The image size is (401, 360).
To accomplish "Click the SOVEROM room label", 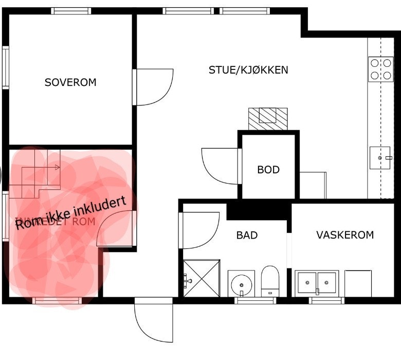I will tap(70, 82).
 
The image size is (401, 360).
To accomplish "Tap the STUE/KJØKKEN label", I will tap(248, 70).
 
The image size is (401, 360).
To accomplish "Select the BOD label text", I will tap(268, 169).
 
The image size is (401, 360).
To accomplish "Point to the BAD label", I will tap(247, 236).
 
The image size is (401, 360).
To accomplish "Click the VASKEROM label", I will tap(345, 235).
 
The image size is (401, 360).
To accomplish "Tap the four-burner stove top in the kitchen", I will tap(380, 69).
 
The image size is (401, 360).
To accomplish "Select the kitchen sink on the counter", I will tap(380, 158).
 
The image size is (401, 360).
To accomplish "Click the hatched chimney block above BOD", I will tap(268, 119).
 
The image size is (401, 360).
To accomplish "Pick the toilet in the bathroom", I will tap(269, 282).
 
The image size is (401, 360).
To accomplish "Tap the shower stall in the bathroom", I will tap(202, 278).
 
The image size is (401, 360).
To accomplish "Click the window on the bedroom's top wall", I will tap(71, 10).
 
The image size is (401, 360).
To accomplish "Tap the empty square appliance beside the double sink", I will tap(358, 283).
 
